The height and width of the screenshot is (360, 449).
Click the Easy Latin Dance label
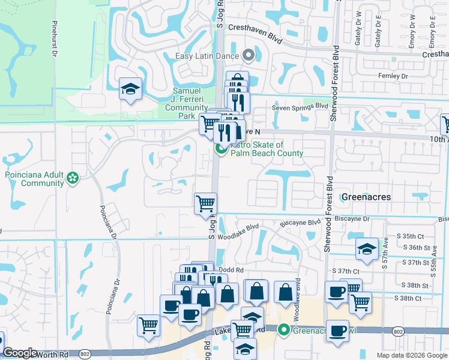[x=207, y=56]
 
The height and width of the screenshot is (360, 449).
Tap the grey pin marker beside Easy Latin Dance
[x=249, y=56]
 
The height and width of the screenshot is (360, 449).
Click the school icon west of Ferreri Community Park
[x=130, y=89]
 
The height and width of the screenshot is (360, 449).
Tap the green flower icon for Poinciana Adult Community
[x=73, y=178]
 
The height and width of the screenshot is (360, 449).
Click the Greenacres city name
[x=366, y=197]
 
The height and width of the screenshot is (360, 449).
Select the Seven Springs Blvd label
[x=300, y=106]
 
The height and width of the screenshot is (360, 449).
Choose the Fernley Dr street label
[x=393, y=76]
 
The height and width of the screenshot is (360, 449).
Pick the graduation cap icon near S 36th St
[x=366, y=250]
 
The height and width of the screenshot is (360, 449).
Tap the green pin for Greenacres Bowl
[x=283, y=329]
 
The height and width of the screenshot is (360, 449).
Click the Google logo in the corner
[x=20, y=353]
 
